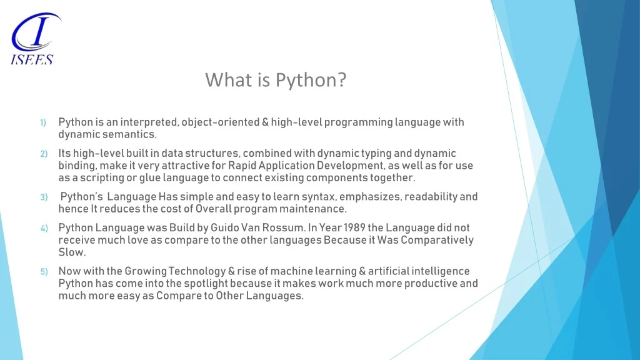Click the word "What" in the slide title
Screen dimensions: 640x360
click(x=229, y=79)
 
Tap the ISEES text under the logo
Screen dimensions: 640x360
click(x=32, y=59)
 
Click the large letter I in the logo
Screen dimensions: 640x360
click(x=39, y=31)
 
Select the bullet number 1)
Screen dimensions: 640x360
click(x=43, y=123)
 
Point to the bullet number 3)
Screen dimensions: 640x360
click(x=44, y=197)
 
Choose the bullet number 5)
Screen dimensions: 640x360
click(x=44, y=272)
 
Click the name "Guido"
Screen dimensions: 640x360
click(x=224, y=227)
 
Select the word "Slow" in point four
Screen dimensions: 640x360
click(x=71, y=252)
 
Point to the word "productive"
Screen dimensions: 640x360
click(x=430, y=284)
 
